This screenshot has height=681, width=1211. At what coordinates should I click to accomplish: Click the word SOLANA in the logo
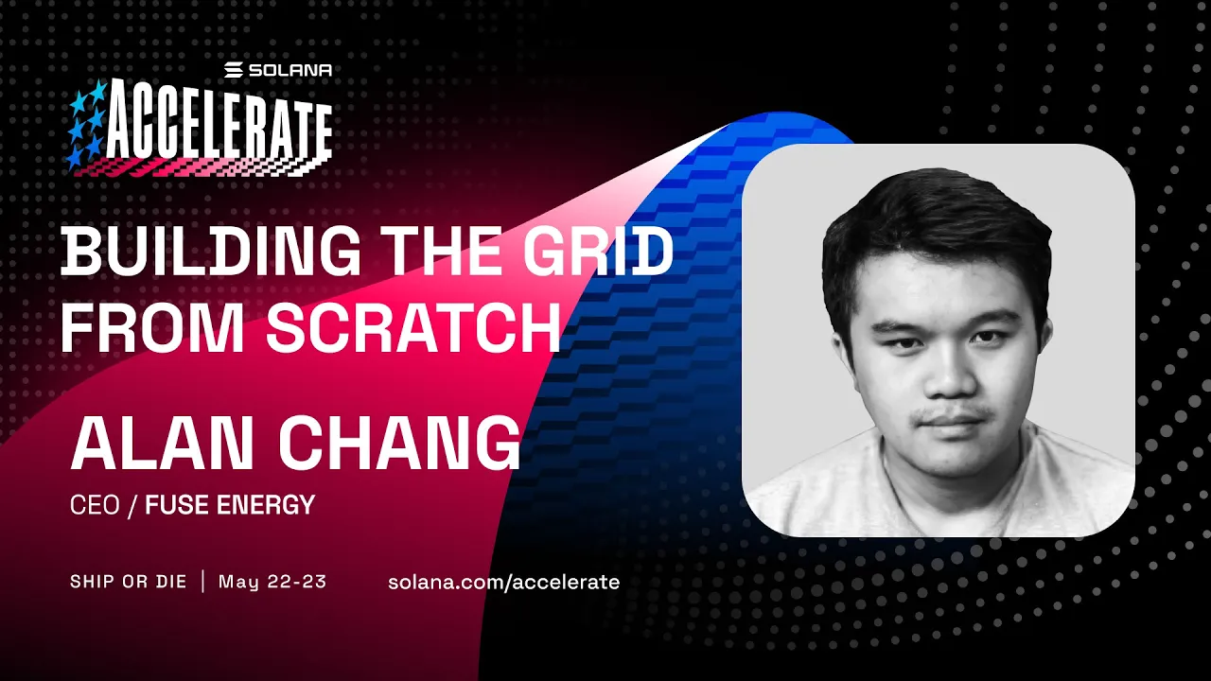(x=290, y=70)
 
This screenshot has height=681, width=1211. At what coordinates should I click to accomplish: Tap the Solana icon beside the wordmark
(x=235, y=70)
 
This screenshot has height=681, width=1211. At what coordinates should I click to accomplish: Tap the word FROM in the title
(x=153, y=328)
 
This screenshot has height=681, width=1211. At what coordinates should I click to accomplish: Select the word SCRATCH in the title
(x=413, y=328)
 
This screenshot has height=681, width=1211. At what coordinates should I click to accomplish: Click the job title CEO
(x=95, y=506)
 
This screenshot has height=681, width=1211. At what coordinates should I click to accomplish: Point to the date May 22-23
(x=272, y=582)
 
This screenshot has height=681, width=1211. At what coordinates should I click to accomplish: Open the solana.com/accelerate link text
(x=503, y=582)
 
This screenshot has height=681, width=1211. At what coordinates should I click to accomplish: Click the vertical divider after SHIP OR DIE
(x=202, y=582)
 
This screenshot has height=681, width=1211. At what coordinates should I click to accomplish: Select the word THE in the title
(x=438, y=253)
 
